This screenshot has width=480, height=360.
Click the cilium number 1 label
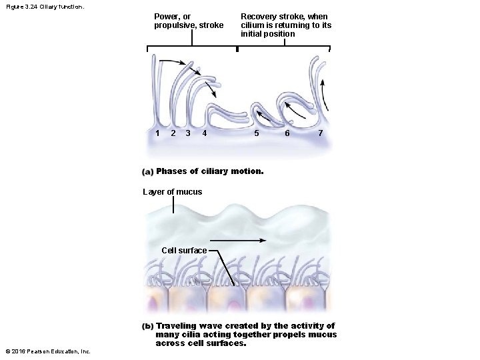pyautogui.click(x=157, y=133)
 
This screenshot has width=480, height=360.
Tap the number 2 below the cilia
pyautogui.click(x=173, y=133)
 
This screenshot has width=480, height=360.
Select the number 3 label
pyautogui.click(x=188, y=133)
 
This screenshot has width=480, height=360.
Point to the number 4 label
pyautogui.click(x=204, y=133)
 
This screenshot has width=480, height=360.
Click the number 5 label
pyautogui.click(x=257, y=133)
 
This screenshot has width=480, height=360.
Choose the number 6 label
pyautogui.click(x=287, y=133)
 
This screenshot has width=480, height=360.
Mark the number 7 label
pyautogui.click(x=321, y=133)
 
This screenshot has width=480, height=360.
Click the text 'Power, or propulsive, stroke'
pyautogui.click(x=189, y=21)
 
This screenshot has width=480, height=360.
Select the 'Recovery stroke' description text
pyautogui.click(x=285, y=25)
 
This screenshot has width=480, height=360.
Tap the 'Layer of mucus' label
pyautogui.click(x=173, y=192)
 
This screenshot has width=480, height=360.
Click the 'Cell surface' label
pyautogui.click(x=184, y=251)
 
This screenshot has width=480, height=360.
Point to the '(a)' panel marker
pyautogui.click(x=148, y=172)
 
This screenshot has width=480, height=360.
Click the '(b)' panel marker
pyautogui.click(x=148, y=326)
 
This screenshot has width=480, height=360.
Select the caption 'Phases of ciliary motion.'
pyautogui.click(x=210, y=171)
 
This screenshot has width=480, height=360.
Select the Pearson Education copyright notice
pyautogui.click(x=48, y=351)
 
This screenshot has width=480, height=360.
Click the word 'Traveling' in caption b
pyautogui.click(x=176, y=326)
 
